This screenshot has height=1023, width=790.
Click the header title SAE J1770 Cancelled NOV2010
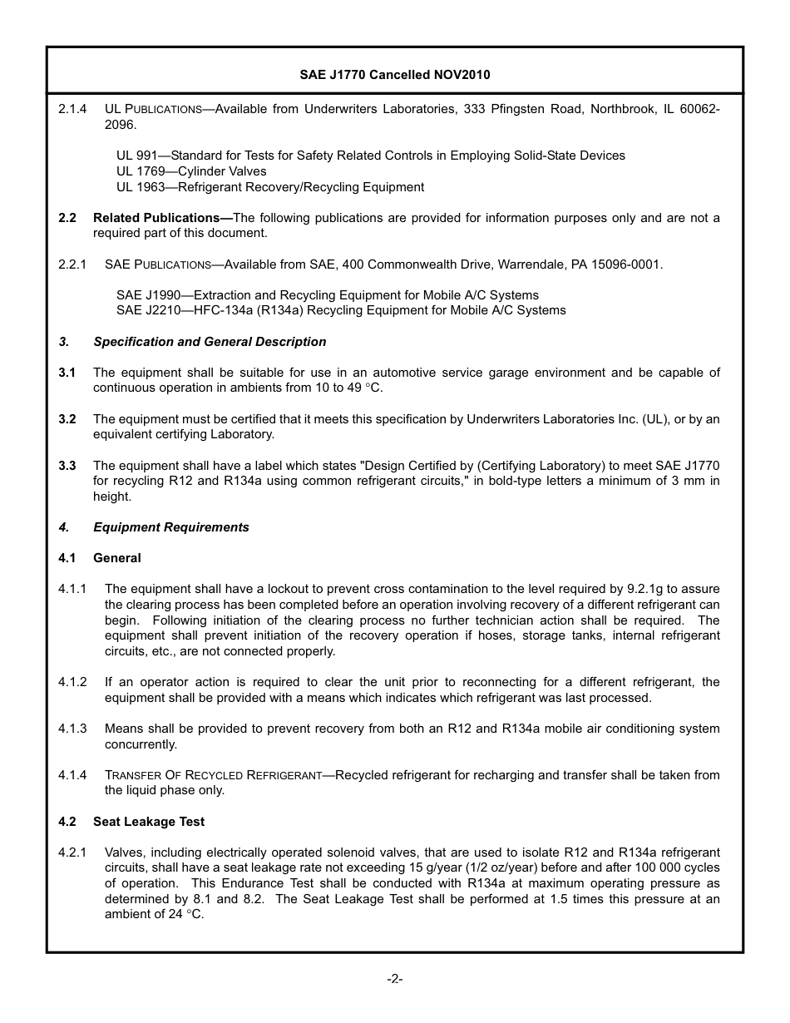395,75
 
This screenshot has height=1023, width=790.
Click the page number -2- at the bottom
395,979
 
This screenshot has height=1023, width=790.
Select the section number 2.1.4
72,109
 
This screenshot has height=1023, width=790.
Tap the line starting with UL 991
370,156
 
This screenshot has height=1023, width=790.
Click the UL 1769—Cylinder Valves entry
191,171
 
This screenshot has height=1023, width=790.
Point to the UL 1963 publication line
270,187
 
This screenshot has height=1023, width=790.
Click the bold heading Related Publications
160,218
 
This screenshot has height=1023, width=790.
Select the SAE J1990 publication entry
327,295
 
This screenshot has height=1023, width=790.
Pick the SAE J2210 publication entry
341,310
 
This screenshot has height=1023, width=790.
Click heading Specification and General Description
210,342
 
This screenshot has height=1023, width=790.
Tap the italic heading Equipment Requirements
170,527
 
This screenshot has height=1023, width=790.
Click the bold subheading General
117,558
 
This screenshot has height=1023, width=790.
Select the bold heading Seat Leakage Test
149,822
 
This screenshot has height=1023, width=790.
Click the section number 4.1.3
72,729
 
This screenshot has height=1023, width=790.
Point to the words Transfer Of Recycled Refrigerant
213,775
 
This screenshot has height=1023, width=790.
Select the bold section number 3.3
67,466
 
